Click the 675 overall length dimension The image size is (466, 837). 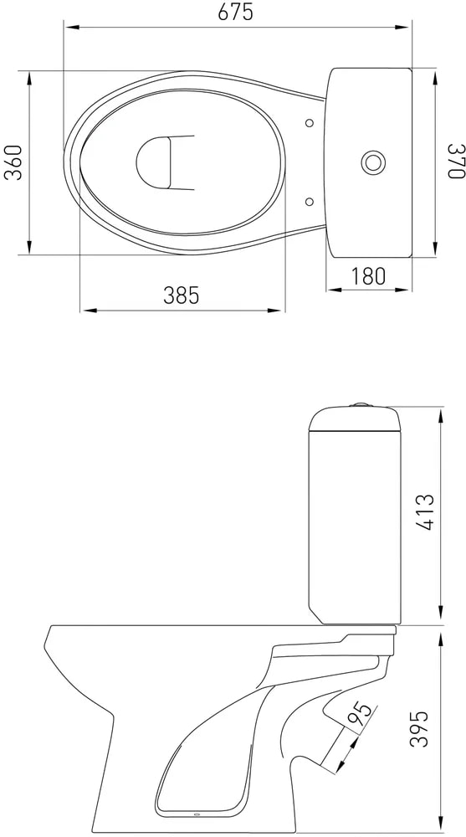point(235,13)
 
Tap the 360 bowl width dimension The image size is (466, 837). point(13,162)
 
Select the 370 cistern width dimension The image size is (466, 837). point(456,162)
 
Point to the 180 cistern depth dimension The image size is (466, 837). point(368,276)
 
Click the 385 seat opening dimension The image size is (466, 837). point(181,295)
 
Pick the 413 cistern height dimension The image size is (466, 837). point(426,512)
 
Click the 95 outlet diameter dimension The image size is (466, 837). point(359,716)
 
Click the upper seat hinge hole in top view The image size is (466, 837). point(309,123)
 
